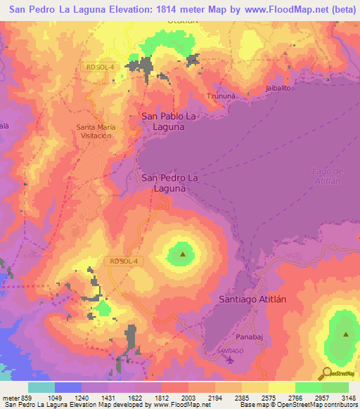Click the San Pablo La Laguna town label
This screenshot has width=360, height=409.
click(x=163, y=121)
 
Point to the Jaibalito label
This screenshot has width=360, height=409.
click(x=279, y=88)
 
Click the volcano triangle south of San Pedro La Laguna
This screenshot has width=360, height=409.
click(x=183, y=254)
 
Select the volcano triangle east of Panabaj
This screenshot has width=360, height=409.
click(x=346, y=335)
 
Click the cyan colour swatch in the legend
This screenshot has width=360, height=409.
click(x=41, y=387)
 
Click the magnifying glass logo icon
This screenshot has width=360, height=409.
click(x=325, y=373)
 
